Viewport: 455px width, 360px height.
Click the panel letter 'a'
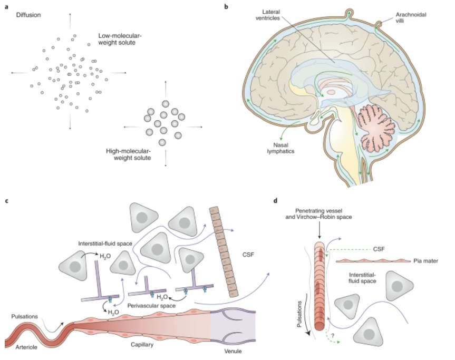point(7,7)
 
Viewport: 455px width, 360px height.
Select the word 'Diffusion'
point(29,15)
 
